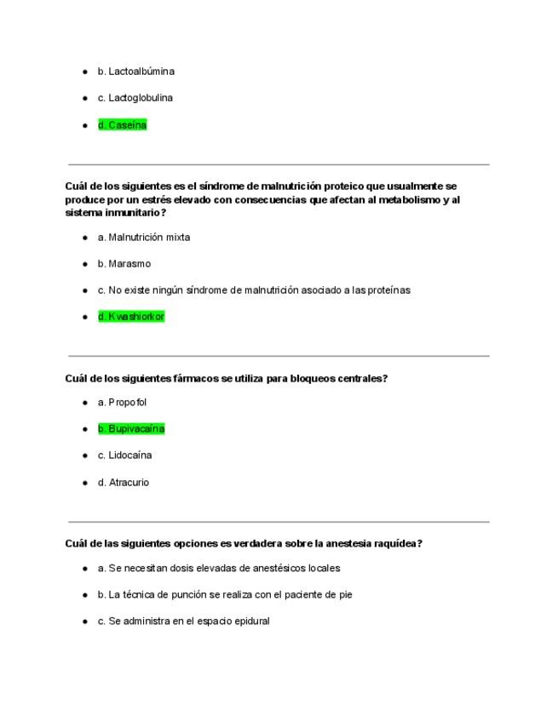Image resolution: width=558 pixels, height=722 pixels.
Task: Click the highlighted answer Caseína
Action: click(x=122, y=125)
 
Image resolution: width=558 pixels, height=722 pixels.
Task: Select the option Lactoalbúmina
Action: click(x=135, y=72)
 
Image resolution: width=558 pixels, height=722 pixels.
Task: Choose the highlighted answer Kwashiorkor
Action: click(x=131, y=317)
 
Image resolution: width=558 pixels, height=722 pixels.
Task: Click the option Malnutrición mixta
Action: click(x=143, y=238)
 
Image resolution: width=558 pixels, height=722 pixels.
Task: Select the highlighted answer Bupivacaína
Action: click(x=131, y=429)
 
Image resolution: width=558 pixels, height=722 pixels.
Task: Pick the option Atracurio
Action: click(x=124, y=483)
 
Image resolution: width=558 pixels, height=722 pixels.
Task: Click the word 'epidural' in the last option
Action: click(x=250, y=622)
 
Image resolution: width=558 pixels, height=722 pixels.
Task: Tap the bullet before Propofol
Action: click(x=85, y=403)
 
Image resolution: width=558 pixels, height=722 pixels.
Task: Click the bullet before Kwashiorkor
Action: click(x=85, y=317)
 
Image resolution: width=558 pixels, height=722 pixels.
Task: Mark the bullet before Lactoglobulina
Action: click(x=85, y=98)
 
